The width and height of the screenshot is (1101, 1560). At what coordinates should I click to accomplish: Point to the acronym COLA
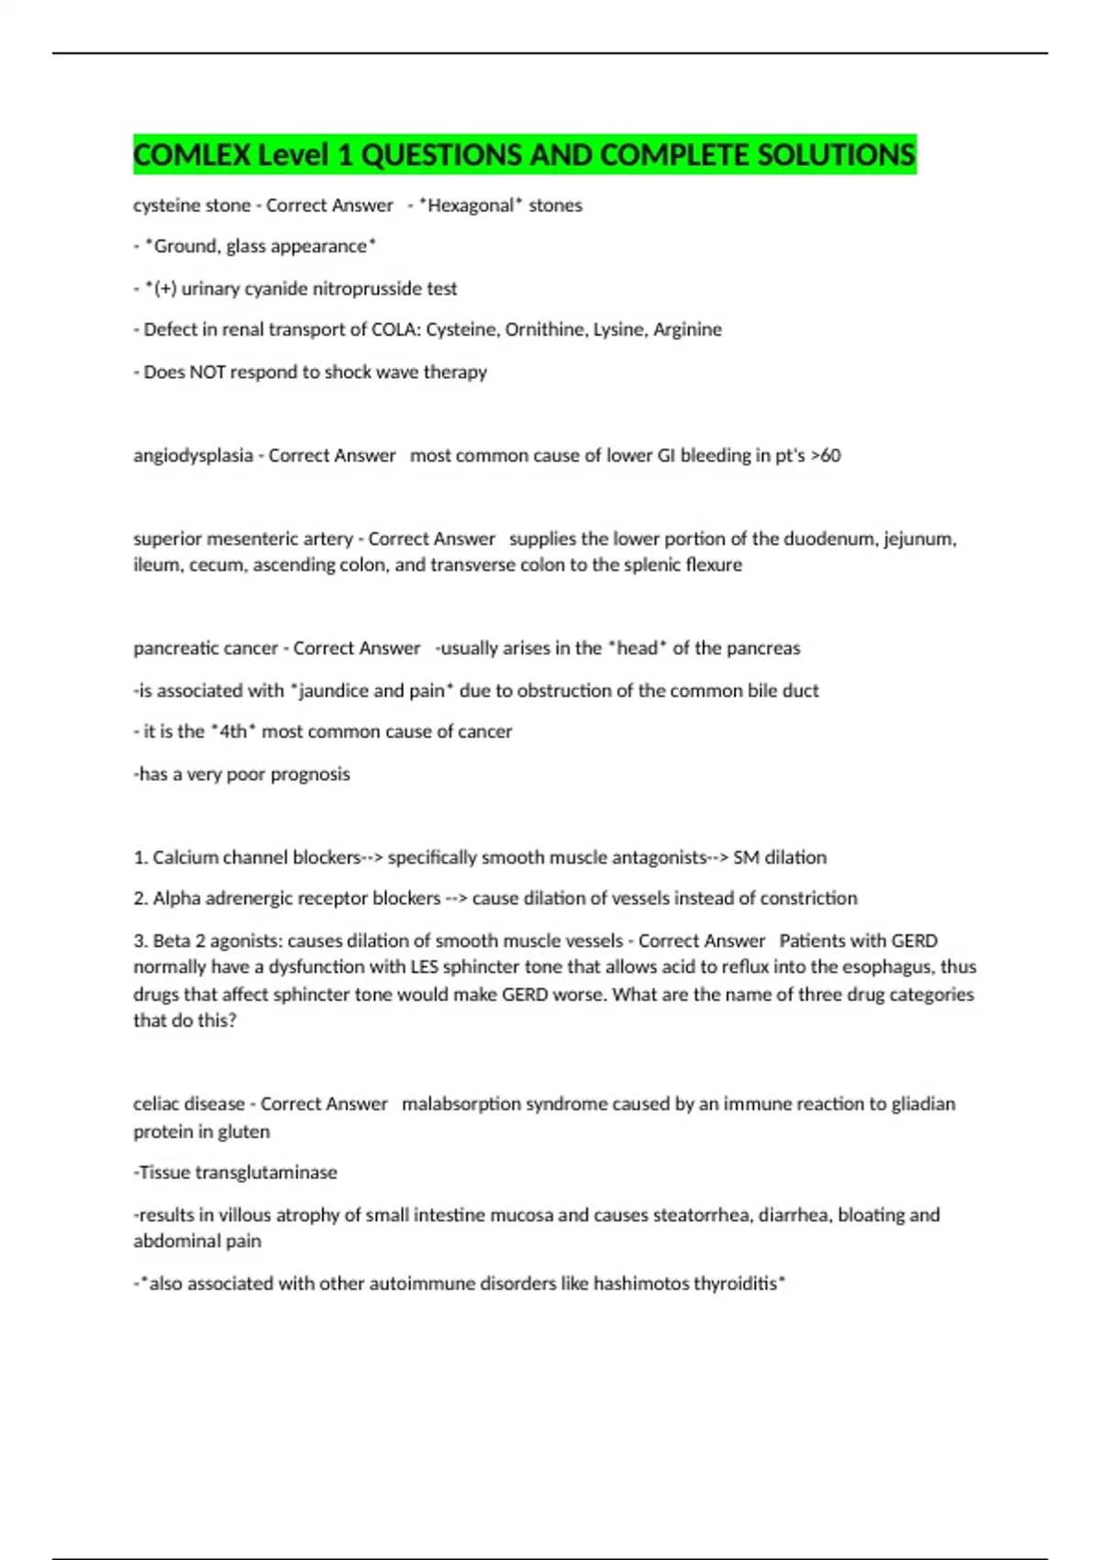point(395,329)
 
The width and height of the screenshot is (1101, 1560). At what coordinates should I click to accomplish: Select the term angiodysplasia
point(193,456)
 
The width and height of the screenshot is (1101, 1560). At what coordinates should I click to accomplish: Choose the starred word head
point(637,649)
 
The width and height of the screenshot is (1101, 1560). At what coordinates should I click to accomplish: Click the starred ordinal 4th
point(234,732)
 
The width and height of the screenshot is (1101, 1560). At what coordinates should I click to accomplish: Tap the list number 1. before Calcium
point(140,858)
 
